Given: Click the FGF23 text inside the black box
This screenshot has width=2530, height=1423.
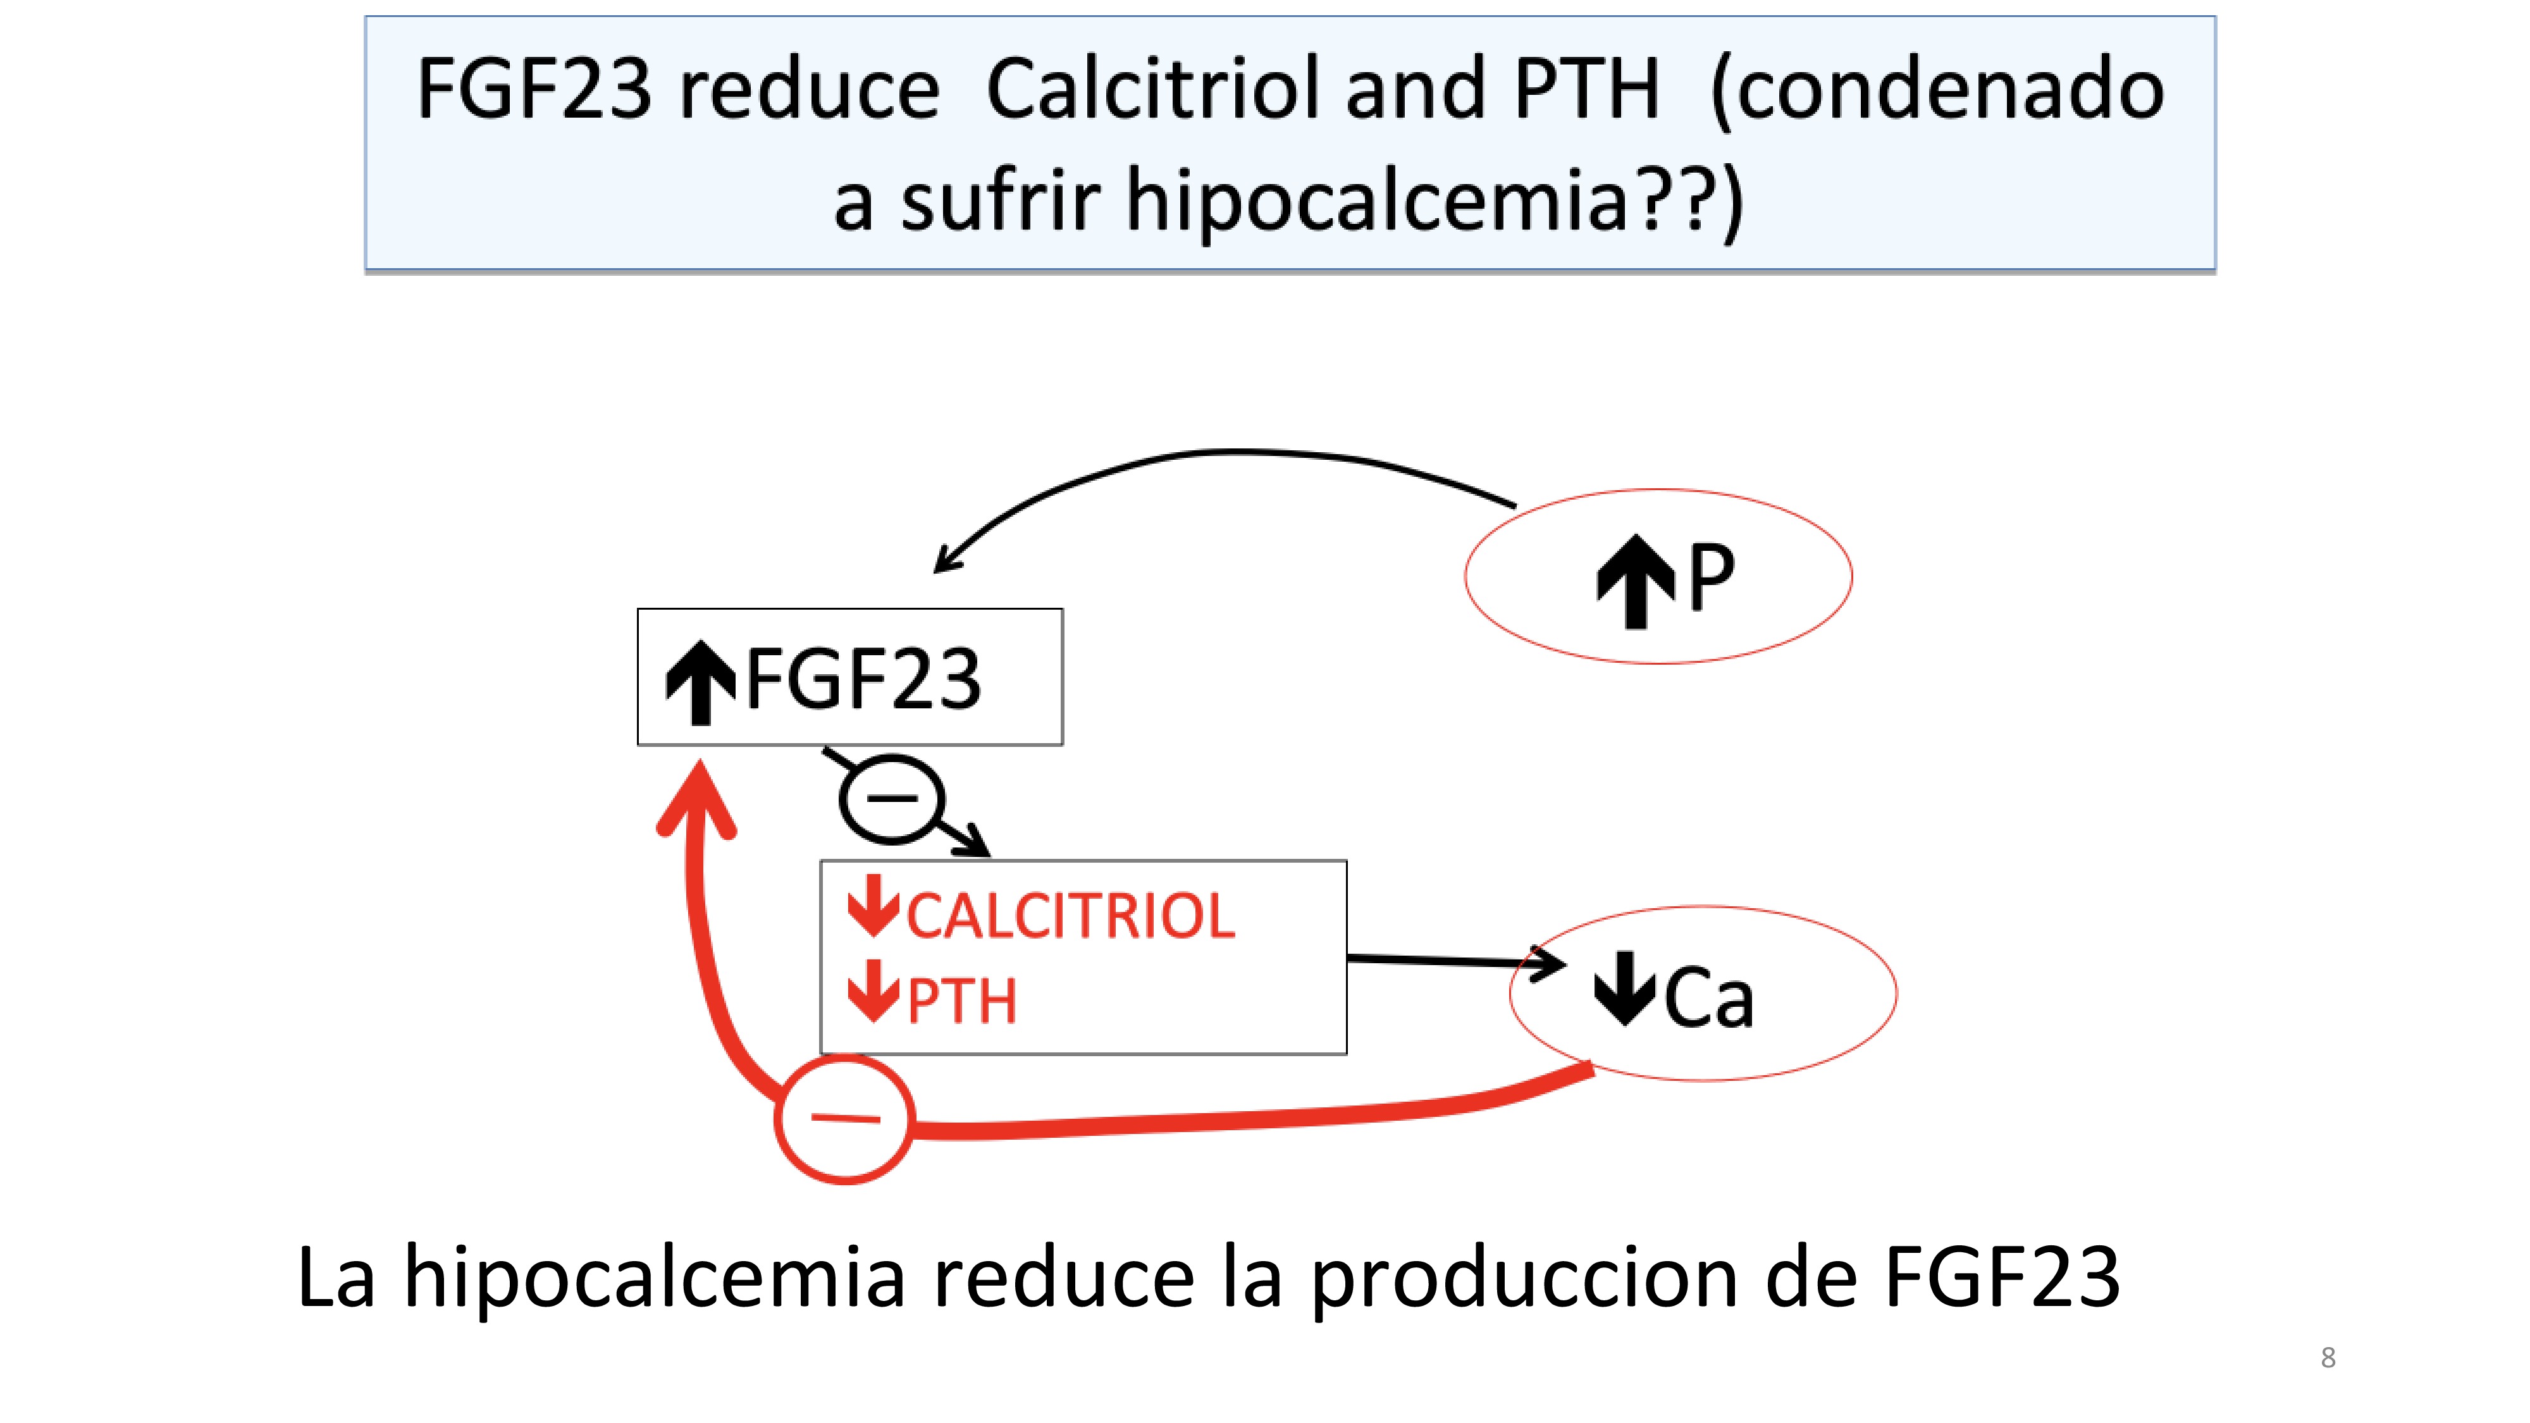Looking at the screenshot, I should coord(863,680).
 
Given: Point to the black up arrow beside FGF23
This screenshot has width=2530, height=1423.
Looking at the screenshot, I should coord(700,682).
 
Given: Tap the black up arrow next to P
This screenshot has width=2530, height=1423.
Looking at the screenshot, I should coord(1634,581).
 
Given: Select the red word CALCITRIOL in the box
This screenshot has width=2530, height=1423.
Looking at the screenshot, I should coord(1071,916).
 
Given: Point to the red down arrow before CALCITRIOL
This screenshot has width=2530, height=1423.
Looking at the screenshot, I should coord(872,906).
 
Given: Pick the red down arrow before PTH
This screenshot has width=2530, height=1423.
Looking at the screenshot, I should coord(872,992).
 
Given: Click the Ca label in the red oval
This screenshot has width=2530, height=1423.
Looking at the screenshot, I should coord(1709,999).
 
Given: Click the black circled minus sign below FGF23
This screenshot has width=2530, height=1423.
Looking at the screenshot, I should coord(891,799).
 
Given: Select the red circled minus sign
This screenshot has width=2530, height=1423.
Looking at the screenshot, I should coord(844,1119).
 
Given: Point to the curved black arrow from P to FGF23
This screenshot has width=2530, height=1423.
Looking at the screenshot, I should coord(1228,453).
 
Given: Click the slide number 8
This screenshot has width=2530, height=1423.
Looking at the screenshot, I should coord(2328,1357).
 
